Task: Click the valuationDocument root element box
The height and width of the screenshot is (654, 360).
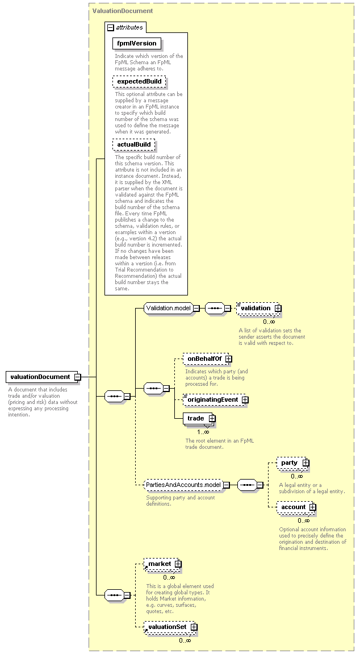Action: [x=43, y=377]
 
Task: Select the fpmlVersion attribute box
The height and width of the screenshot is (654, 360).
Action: [x=137, y=43]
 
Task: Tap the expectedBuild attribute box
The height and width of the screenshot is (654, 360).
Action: [x=139, y=81]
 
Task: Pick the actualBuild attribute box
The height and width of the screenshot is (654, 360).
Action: [x=134, y=145]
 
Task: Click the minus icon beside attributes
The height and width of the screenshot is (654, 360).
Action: [x=110, y=27]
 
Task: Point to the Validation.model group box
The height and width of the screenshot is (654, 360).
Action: [x=171, y=308]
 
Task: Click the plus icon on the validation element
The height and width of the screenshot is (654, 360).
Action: [x=278, y=308]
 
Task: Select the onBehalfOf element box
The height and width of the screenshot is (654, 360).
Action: [x=207, y=359]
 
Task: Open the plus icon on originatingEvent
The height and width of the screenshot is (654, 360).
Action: [x=245, y=399]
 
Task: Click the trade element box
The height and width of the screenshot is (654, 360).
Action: [x=199, y=419]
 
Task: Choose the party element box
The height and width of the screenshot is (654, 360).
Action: [x=293, y=463]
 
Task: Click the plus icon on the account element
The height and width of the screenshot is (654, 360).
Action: [x=312, y=507]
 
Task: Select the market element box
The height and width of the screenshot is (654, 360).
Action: [x=162, y=564]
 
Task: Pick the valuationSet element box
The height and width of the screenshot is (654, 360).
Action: [x=170, y=627]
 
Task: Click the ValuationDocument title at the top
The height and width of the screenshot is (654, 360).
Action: [x=123, y=11]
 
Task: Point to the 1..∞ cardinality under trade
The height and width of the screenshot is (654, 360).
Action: [x=203, y=432]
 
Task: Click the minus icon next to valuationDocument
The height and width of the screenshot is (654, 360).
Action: [x=77, y=377]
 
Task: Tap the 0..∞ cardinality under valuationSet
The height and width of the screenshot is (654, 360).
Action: [x=185, y=640]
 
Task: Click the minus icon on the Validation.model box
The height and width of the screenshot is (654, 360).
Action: [x=196, y=309]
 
